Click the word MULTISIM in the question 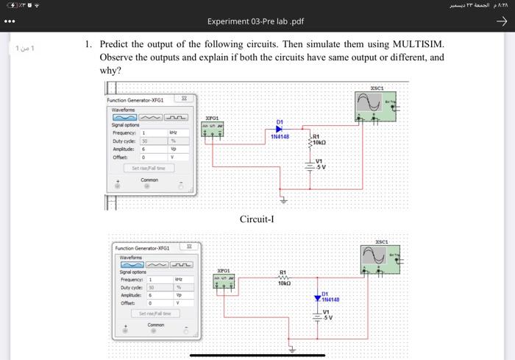[x=407, y=44]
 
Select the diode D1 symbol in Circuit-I [x=280, y=129]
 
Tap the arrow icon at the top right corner [x=502, y=21]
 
